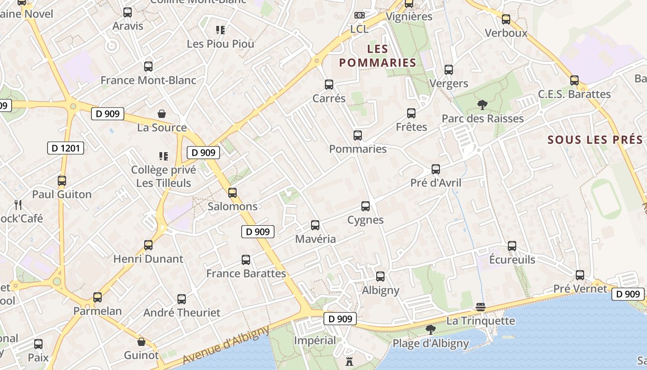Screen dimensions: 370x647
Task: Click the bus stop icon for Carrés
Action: pyautogui.click(x=329, y=85)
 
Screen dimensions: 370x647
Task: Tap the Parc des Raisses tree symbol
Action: pyautogui.click(x=482, y=105)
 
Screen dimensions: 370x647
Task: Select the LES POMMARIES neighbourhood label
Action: pyautogui.click(x=378, y=55)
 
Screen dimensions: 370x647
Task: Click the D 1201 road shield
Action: pyautogui.click(x=66, y=148)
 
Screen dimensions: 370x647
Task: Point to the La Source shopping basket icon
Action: pyautogui.click(x=162, y=114)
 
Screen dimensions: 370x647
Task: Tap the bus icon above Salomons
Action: pyautogui.click(x=232, y=193)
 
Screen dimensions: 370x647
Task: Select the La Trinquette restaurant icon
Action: pyautogui.click(x=481, y=307)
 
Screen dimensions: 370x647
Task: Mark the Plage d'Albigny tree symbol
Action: pyautogui.click(x=431, y=330)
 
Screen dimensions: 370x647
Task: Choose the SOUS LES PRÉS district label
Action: pyautogui.click(x=595, y=140)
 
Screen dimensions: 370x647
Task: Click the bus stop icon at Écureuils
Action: pyautogui.click(x=512, y=246)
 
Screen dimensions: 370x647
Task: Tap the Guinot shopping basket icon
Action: pyautogui.click(x=141, y=342)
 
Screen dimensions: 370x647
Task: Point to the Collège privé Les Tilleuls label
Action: pyautogui.click(x=164, y=176)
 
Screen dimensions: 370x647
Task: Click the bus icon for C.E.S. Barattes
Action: pyautogui.click(x=574, y=80)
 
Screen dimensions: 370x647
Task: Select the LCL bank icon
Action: pyautogui.click(x=359, y=16)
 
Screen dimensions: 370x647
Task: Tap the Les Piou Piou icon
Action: pyautogui.click(x=220, y=31)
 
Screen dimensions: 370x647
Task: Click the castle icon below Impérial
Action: pyautogui.click(x=349, y=361)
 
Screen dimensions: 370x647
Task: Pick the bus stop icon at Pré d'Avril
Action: pyautogui.click(x=436, y=169)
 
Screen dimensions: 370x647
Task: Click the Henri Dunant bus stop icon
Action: pyautogui.click(x=148, y=245)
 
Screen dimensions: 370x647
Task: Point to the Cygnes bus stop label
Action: pyautogui.click(x=366, y=220)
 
